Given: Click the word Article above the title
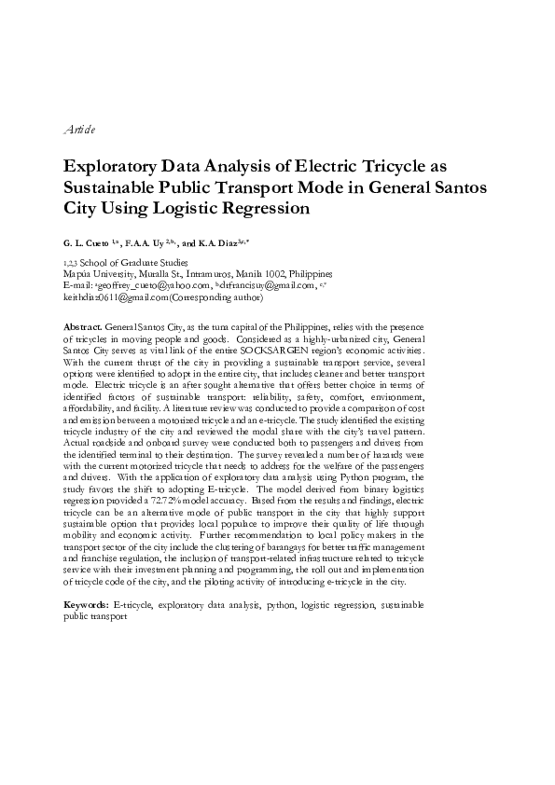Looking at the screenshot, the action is click(x=76, y=128).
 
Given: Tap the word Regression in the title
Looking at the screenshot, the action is click(x=261, y=208).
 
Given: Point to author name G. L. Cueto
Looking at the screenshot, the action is click(x=86, y=241).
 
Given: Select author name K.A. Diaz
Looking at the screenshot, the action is click(x=219, y=241).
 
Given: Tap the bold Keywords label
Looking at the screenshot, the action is click(x=86, y=606).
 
